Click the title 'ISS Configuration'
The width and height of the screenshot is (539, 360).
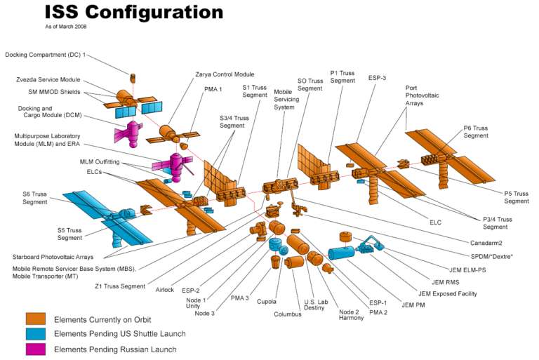(x=133, y=12)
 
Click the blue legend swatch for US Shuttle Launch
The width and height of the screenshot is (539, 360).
(x=36, y=334)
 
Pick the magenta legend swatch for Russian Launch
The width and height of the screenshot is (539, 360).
(x=36, y=349)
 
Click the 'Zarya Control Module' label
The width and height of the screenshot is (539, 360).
(x=225, y=74)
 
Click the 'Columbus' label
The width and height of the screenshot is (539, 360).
(x=288, y=314)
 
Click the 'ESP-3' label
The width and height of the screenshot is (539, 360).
(x=377, y=77)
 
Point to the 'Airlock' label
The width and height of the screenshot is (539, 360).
(x=166, y=288)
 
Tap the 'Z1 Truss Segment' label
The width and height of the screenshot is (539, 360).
(x=121, y=286)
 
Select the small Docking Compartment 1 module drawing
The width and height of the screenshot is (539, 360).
(x=131, y=76)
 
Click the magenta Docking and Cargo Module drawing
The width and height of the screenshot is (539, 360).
(x=128, y=133)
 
